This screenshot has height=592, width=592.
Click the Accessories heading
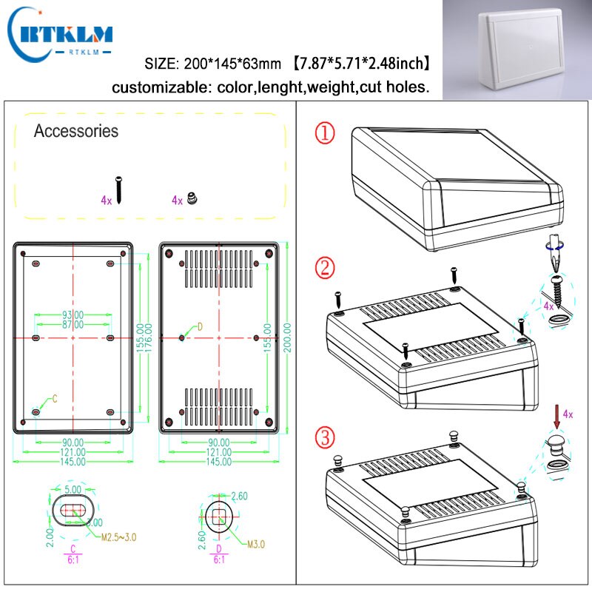tap(76, 131)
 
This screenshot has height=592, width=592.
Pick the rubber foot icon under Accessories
tap(192, 198)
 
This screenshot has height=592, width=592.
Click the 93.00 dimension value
tap(73, 315)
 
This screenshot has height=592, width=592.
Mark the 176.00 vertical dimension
tap(149, 338)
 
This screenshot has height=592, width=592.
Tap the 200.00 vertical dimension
tap(287, 338)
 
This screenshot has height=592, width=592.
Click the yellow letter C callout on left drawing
tap(53, 400)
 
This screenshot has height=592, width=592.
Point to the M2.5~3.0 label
tap(118, 538)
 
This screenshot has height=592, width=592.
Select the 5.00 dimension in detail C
tap(72, 490)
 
